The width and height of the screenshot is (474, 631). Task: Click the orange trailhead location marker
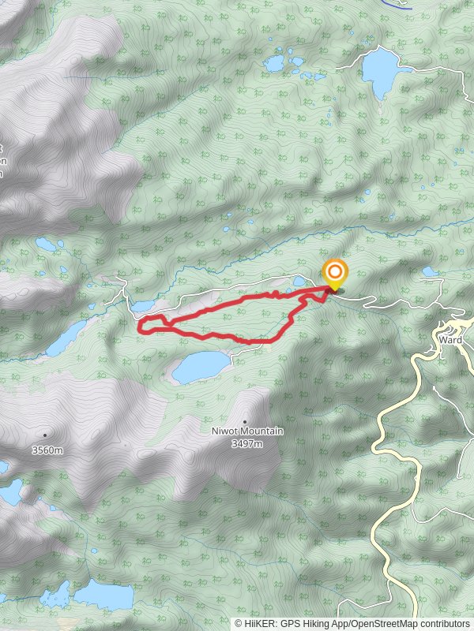(335, 274)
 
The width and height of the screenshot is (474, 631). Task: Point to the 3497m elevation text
(246, 443)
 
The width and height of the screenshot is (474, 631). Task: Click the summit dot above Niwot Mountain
(245, 421)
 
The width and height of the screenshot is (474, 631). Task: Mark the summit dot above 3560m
(45, 435)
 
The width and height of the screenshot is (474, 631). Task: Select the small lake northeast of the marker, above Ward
(430, 271)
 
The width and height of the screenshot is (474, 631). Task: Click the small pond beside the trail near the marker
(299, 280)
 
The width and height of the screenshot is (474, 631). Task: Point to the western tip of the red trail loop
(141, 324)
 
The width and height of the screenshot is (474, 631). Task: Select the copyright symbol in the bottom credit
(239, 624)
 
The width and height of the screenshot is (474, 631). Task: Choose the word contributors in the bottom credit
(445, 624)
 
